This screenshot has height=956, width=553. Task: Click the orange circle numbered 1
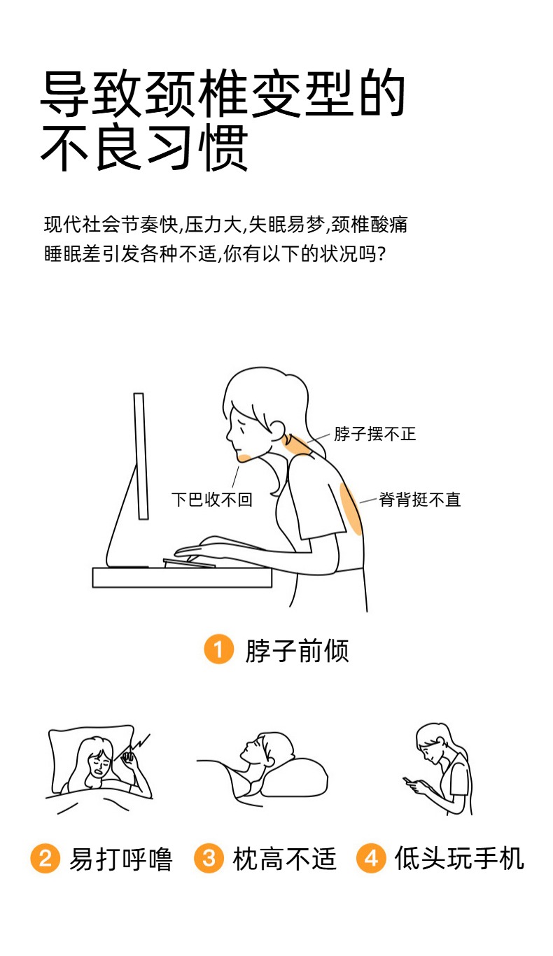pos(218,649)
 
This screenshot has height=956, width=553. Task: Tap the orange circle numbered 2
pos(45,858)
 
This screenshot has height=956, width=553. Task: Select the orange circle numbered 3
pos(209,858)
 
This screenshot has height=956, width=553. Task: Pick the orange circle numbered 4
pos(371,858)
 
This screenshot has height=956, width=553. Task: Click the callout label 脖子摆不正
pos(375,434)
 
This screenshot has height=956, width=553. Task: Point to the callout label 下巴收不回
pos(212,499)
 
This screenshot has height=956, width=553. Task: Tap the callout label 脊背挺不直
pos(420,499)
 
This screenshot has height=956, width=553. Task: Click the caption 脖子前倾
pos(297,650)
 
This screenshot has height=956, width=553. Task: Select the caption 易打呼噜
pos(121,859)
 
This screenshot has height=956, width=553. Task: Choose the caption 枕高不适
pos(285,859)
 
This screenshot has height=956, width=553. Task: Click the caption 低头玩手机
pos(459,858)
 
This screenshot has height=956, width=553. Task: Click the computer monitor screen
pos(141,456)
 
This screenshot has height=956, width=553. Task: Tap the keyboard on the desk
pos(189,563)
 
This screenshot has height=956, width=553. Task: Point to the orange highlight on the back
pos(351,508)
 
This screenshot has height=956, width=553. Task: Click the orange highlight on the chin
pos(245,458)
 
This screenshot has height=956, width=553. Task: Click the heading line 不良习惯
pos(144,147)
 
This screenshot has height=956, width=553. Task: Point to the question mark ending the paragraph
pos(381,254)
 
